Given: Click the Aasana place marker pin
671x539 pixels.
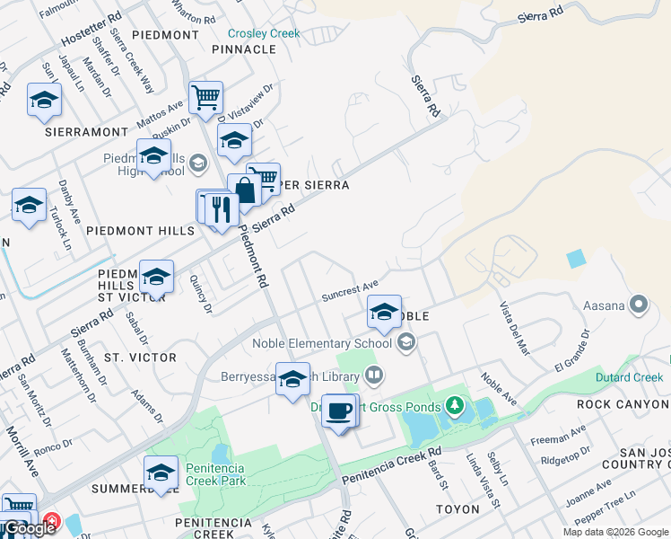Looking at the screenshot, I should pyautogui.click(x=639, y=305).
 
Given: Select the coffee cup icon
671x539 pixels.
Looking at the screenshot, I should pyautogui.click(x=337, y=411).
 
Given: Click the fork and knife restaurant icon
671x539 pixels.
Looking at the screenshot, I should pyautogui.click(x=221, y=209).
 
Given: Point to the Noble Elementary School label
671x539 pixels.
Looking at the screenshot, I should pyautogui.click(x=322, y=342).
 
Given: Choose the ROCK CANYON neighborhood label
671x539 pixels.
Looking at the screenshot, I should pyautogui.click(x=623, y=404).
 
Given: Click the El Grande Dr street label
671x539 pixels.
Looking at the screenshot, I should pyautogui.click(x=572, y=351).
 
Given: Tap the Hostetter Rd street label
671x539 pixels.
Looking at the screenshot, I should pyautogui.click(x=91, y=30).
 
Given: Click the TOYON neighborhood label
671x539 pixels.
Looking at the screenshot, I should pyautogui.click(x=457, y=509).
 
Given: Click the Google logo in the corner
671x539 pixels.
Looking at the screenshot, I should pyautogui.click(x=29, y=529).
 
